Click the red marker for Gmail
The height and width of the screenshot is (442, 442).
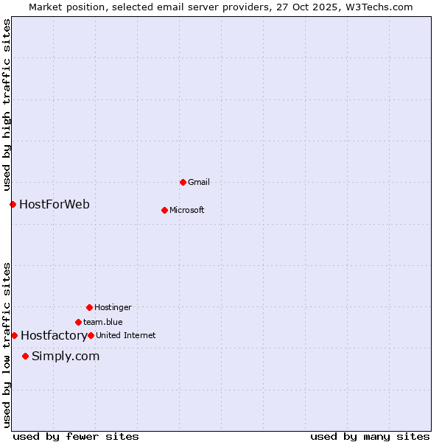coord(183,182)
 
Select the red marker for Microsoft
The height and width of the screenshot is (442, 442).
coord(164,210)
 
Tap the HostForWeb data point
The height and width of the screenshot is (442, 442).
coord(13,204)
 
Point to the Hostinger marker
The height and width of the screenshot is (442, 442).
coord(89,307)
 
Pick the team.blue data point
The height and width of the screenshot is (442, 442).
coord(78,322)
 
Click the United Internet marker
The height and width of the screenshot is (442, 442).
coord(91,335)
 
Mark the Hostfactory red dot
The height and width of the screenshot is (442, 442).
coord(14,335)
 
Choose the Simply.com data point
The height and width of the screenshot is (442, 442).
coord(25,356)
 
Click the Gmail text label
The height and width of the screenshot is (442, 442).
coord(199,182)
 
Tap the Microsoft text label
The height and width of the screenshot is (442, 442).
coord(187,210)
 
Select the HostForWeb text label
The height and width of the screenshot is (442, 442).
coord(55,204)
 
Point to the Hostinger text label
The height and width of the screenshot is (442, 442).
coord(113,307)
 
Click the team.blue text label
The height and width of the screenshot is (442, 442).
coord(103,322)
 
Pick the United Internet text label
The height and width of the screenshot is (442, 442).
coord(126,335)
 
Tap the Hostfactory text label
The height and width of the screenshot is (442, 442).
coord(54,335)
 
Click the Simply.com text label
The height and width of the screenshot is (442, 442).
coord(66,356)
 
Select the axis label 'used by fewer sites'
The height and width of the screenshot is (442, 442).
coord(76,436)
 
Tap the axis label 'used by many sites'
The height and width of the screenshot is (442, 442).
coord(370,436)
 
